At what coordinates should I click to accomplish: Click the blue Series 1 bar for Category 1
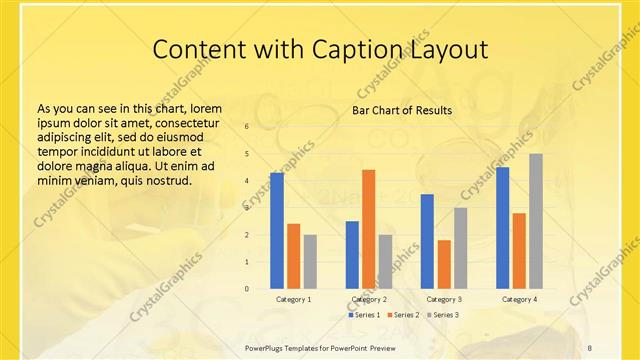(277, 230)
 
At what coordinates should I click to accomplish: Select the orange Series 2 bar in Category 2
(368, 229)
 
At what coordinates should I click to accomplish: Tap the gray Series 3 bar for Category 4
(536, 221)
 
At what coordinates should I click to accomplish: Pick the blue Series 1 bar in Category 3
(427, 241)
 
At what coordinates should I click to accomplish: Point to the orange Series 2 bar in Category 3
(444, 264)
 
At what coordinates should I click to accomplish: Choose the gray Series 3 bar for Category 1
(310, 261)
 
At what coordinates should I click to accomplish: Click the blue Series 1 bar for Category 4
(502, 227)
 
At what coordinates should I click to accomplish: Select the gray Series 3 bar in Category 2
(385, 261)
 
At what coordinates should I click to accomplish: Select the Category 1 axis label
(293, 299)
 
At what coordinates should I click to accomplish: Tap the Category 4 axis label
(519, 299)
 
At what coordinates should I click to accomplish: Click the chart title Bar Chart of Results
(401, 110)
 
